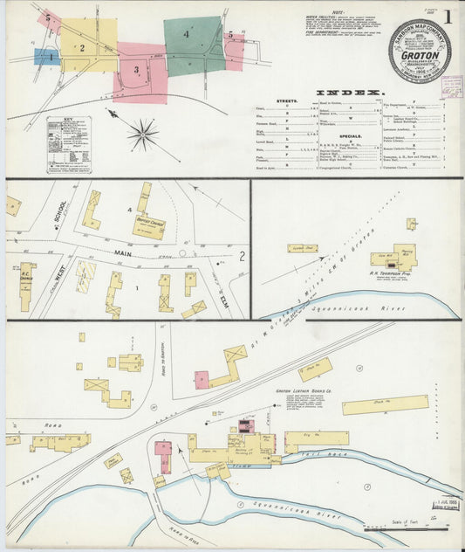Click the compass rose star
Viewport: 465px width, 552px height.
tap(142, 135)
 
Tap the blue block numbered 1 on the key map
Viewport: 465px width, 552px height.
tap(45, 57)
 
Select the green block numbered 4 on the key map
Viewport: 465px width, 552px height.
tap(192, 44)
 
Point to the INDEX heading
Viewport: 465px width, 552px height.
tap(349, 93)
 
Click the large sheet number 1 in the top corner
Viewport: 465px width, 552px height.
tap(448, 16)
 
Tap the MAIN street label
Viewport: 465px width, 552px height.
tap(127, 253)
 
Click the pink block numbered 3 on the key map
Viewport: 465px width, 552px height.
tap(138, 70)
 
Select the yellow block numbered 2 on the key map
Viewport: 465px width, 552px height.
tap(83, 49)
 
